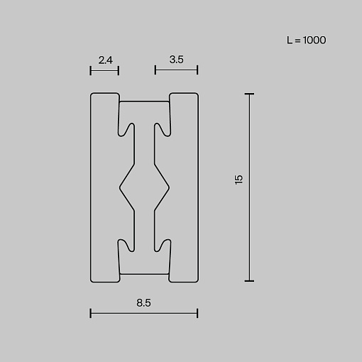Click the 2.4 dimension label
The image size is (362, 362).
[x=106, y=60]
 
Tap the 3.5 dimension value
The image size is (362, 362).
[x=177, y=60]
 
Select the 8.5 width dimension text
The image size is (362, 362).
[x=143, y=303]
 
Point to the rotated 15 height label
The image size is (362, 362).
[x=238, y=180]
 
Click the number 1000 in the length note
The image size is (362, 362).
[x=314, y=40]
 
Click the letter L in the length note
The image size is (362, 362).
[x=290, y=40]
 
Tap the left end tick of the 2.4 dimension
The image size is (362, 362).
[x=90, y=70]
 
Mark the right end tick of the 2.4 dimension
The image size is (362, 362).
[x=119, y=70]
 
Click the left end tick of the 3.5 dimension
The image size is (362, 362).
[x=155, y=70]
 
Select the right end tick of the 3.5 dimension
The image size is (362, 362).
[x=197, y=70]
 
